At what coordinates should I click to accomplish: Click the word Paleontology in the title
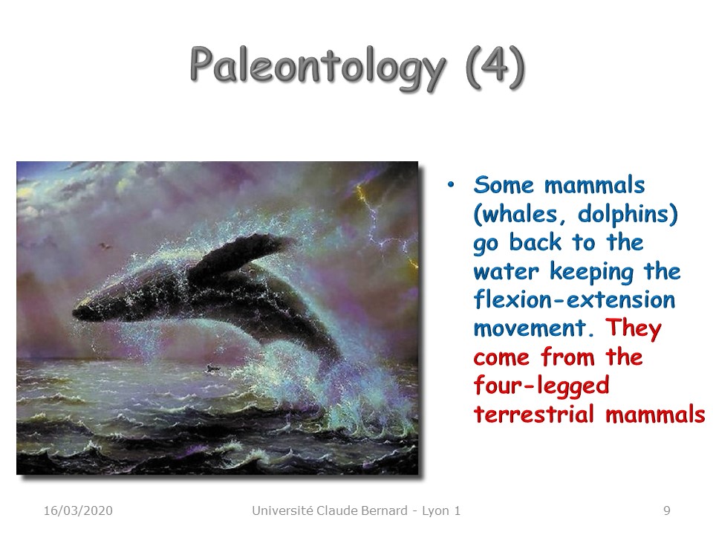(317, 68)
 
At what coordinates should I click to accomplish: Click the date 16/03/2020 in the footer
(78, 510)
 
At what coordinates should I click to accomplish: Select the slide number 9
(667, 510)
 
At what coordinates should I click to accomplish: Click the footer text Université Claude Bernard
(330, 510)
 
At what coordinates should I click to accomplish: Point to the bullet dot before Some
(451, 184)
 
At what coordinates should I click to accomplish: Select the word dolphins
(627, 214)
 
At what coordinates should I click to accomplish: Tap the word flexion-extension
(574, 299)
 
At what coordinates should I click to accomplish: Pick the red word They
(633, 328)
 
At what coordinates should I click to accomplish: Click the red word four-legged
(541, 386)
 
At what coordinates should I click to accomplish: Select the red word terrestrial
(534, 414)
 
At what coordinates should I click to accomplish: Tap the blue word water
(506, 272)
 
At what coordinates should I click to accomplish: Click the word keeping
(592, 272)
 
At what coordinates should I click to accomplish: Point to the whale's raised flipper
(241, 252)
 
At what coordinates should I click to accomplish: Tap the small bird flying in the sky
(105, 246)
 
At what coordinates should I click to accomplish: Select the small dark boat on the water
(212, 368)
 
